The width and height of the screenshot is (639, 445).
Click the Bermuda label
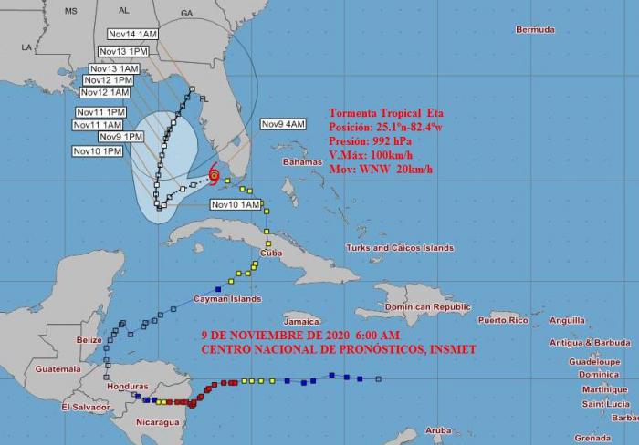(535, 29)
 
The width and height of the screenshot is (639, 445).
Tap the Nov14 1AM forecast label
(131, 34)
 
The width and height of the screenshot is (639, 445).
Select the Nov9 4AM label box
(283, 123)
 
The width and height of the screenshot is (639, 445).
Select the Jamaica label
(302, 321)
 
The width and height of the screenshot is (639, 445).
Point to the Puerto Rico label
(503, 320)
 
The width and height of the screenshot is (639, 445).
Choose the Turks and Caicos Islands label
(400, 248)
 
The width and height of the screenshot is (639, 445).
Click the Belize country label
(89, 339)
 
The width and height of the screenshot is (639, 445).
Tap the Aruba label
(439, 429)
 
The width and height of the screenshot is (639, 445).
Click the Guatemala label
(58, 369)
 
